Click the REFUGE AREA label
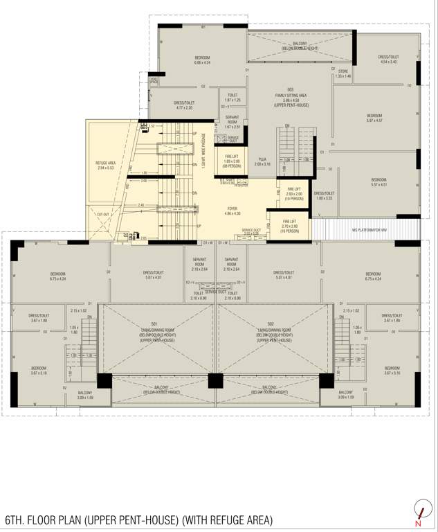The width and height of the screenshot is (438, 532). [x=106, y=165]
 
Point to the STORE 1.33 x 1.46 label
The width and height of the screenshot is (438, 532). [x=343, y=73]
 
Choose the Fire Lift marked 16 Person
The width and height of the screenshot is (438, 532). [x=290, y=228]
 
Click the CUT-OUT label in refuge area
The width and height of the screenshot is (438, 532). [x=103, y=215]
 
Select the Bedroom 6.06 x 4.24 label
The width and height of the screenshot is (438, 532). [x=202, y=60]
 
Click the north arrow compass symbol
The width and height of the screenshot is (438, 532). [x=418, y=511]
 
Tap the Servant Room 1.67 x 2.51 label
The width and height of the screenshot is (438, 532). [x=232, y=123]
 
